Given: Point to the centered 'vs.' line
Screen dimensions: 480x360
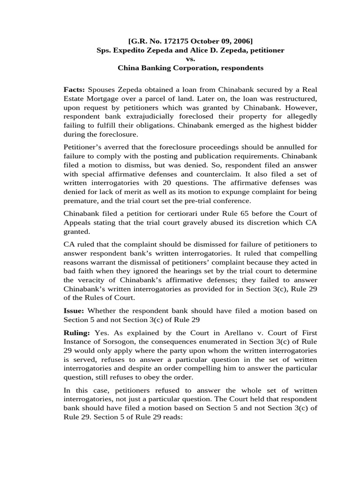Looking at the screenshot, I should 190,59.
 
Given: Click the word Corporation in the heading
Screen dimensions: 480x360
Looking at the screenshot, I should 197,68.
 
